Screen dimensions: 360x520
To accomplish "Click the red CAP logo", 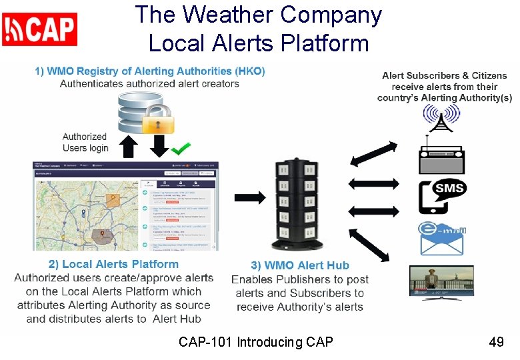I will click(x=40, y=29).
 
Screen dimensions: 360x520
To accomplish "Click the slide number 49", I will click(x=496, y=342).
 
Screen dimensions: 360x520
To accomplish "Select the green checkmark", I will click(x=181, y=147).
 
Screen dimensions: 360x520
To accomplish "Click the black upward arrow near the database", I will click(x=129, y=146).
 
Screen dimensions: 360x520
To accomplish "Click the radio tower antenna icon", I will click(x=441, y=117).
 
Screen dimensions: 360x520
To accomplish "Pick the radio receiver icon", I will click(x=441, y=155).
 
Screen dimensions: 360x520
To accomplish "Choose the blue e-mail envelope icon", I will click(x=441, y=238).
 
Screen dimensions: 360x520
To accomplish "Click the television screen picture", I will click(x=441, y=281).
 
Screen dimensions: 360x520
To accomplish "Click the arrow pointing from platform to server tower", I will click(x=249, y=197).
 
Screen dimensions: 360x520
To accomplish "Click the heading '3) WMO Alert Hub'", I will click(x=300, y=265).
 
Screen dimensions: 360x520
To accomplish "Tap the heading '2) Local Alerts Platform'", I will click(x=113, y=264).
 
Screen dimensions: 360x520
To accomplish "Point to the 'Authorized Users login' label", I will click(x=85, y=142).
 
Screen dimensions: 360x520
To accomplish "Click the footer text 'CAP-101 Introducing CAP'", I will click(x=256, y=342).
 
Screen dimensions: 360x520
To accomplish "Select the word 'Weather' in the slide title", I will click(x=232, y=15).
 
